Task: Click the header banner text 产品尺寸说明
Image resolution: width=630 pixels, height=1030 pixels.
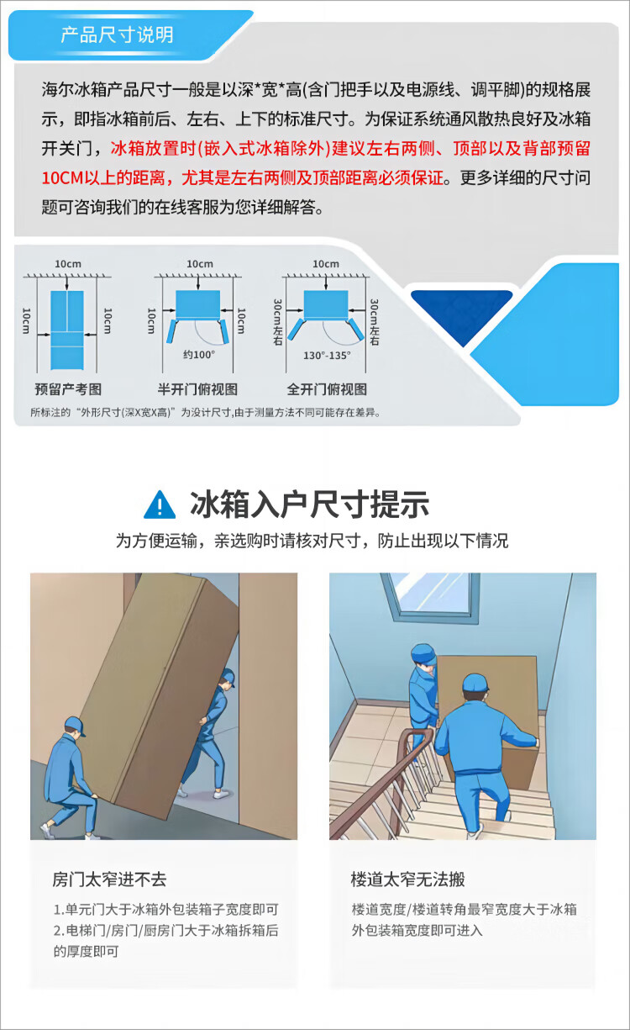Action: (117, 35)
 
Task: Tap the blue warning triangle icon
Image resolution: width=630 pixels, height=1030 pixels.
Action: (160, 504)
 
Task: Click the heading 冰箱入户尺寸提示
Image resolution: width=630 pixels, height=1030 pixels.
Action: (310, 504)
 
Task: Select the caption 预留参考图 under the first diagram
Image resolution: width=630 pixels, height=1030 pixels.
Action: (68, 389)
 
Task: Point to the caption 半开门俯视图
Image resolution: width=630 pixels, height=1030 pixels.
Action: (197, 389)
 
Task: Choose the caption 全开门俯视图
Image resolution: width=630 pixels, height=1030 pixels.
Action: (327, 389)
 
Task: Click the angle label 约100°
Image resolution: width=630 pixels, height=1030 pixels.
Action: (199, 355)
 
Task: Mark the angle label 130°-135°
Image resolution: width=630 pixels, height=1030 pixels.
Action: (327, 356)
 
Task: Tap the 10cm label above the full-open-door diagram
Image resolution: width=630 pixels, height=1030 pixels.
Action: (326, 264)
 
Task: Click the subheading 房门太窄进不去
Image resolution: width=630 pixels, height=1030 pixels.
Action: (109, 879)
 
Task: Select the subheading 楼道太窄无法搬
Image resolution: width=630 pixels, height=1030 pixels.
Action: (408, 879)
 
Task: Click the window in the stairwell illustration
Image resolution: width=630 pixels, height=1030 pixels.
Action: (429, 597)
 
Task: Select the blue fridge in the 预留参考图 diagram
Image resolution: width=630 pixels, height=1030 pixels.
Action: (67, 330)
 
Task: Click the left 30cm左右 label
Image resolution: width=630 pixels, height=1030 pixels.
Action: (277, 322)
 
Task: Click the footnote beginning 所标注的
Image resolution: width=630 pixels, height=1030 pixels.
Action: (206, 413)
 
